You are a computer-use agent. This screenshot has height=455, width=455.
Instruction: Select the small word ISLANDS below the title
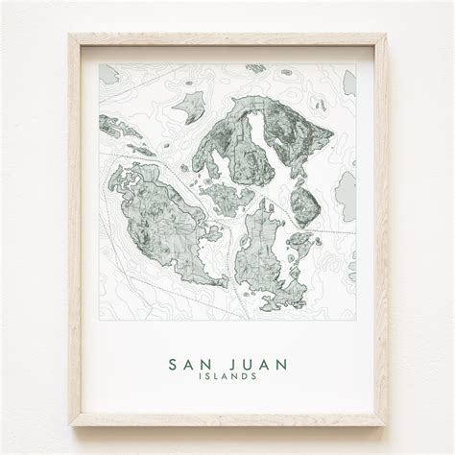[x=227, y=376]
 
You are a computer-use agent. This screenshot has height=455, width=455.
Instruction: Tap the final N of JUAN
[x=282, y=364]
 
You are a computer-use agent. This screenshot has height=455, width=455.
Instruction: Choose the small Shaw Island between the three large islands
[x=228, y=197]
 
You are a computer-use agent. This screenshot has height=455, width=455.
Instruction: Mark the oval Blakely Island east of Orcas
[x=305, y=204]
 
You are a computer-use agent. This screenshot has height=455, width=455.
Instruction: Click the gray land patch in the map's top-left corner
[x=108, y=74]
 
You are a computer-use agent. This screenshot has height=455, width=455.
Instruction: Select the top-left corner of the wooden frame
[x=70, y=36]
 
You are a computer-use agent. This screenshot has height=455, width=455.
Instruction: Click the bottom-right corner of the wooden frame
[x=386, y=423]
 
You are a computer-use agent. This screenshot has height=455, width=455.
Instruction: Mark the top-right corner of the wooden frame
[x=386, y=36]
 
